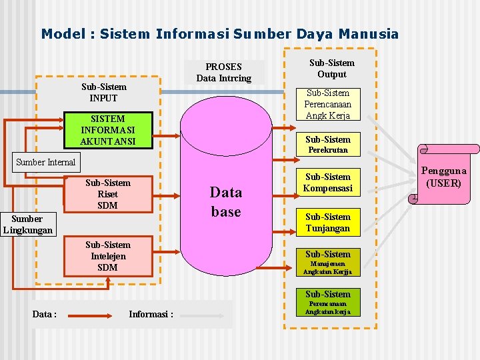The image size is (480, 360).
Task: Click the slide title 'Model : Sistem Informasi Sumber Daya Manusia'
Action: pos(219,33)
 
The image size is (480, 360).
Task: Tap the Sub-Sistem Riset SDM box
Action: pos(107,194)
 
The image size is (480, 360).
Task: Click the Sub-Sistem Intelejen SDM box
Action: pos(107,257)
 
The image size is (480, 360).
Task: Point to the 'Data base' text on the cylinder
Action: pos(225,202)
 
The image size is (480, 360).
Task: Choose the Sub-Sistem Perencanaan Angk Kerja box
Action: pos(328,105)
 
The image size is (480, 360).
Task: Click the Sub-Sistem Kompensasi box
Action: pos(328,183)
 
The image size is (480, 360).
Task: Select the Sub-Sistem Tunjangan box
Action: pos(328,223)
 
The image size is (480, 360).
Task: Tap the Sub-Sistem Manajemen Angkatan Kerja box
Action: pos(328,262)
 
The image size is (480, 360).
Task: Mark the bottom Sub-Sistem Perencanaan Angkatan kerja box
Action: pos(328,302)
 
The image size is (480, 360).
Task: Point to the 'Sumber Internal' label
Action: pos(46,162)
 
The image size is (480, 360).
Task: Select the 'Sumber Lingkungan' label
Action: pos(27,225)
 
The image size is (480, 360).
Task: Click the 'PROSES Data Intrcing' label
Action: pos(224,73)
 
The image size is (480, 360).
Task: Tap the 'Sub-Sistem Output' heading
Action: pos(331,69)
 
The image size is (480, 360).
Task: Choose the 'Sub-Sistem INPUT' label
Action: pos(103,93)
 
